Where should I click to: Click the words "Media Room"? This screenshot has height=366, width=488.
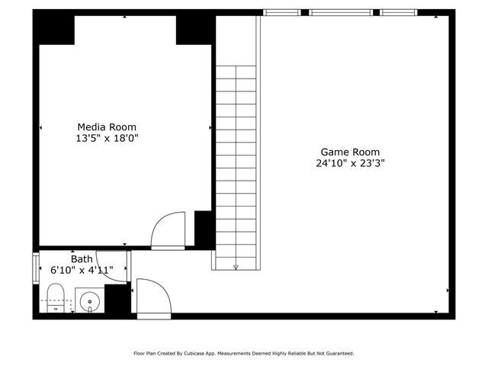[x=107, y=127]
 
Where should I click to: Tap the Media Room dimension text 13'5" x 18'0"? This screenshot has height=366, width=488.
[x=107, y=139]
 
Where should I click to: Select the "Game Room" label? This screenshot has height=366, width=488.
[x=350, y=152]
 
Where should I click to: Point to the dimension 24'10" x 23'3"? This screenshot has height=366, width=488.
[x=350, y=163]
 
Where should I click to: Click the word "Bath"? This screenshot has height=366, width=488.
[x=82, y=258]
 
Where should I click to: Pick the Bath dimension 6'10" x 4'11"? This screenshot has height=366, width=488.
[x=82, y=270]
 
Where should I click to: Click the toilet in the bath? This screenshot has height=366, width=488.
[x=55, y=297]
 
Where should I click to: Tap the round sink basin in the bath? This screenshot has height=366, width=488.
[x=89, y=302]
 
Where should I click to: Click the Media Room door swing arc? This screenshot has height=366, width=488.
[x=167, y=231]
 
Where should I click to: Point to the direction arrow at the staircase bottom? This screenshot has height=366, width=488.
[x=236, y=266]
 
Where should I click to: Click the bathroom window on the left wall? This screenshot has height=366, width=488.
[x=36, y=268]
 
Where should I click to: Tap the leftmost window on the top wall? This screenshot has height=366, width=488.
[x=281, y=12]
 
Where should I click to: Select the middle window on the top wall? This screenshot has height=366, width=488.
[x=340, y=12]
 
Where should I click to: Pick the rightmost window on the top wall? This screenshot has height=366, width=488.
[x=399, y=12]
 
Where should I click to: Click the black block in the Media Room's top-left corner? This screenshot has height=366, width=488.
[x=53, y=30]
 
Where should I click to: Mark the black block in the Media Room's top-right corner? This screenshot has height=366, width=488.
[x=194, y=30]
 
